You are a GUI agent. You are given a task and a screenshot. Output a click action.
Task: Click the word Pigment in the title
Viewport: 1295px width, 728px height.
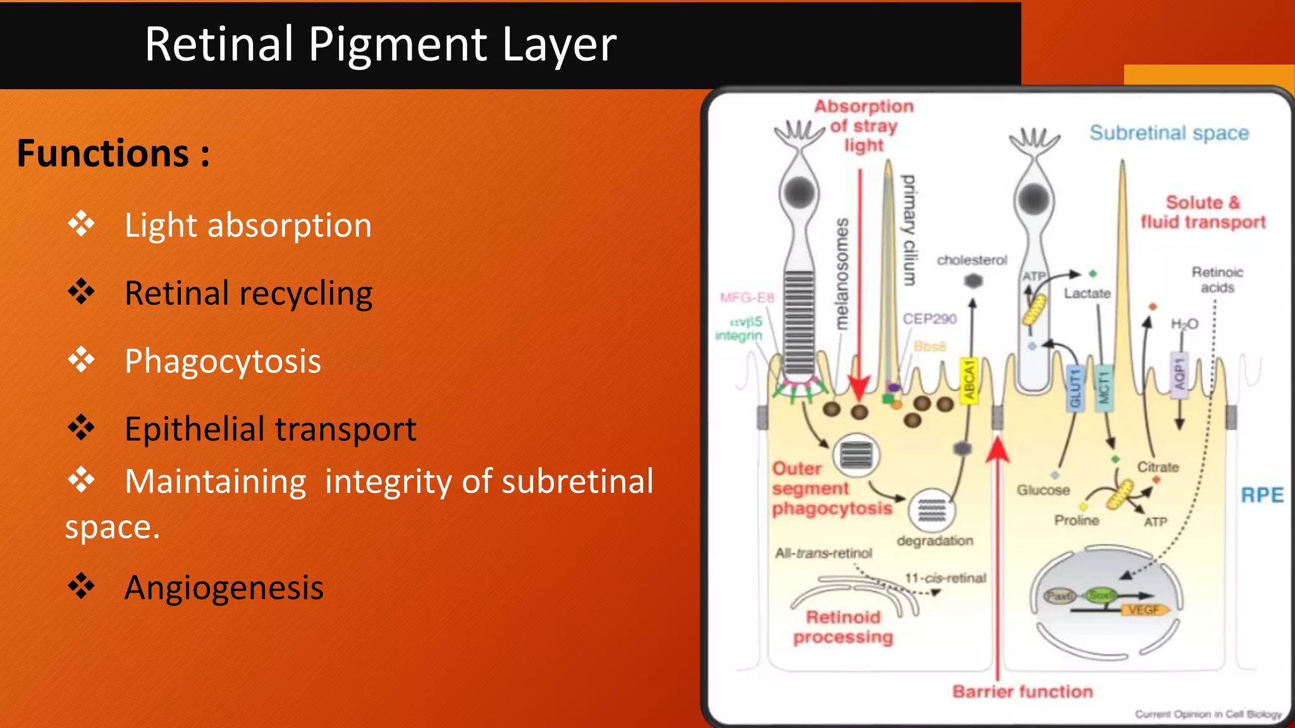pos(398,45)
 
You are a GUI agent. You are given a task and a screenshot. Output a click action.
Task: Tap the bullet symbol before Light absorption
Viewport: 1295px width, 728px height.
pos(82,224)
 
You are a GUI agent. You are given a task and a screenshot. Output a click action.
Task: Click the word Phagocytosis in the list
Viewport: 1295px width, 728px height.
pos(223,361)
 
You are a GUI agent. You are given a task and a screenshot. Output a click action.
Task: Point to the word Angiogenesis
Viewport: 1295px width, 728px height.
pos(224,588)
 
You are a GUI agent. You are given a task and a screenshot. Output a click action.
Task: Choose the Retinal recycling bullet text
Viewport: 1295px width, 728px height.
pos(249,294)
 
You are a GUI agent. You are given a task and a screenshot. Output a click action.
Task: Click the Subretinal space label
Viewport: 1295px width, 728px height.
pos(1169,133)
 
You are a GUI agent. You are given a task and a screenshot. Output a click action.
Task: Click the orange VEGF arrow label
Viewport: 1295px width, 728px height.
pos(1145,610)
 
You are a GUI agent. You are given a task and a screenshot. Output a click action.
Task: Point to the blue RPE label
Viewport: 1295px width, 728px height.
pos(1262,495)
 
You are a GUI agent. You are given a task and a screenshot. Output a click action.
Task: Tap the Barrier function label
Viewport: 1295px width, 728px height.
pos(1022,691)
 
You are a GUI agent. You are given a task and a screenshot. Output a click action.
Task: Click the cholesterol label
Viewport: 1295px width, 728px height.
pos(972,260)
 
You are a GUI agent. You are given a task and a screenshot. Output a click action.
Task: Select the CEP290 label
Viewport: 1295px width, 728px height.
pos(930,319)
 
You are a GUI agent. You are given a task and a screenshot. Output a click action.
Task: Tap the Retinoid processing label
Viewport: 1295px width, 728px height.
pos(843,627)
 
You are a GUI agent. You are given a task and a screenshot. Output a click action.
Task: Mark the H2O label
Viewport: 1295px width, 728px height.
pos(1184,324)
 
